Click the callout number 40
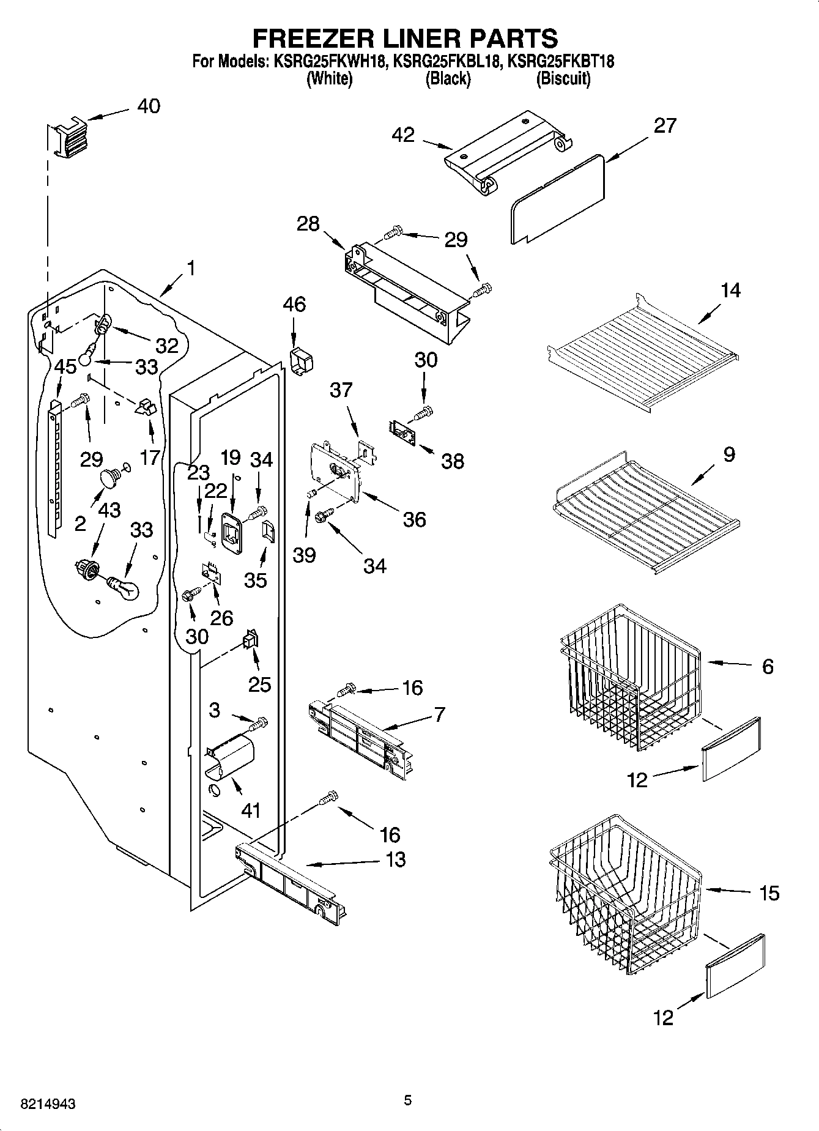point(148,106)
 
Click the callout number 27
point(665,125)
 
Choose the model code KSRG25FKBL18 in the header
point(448,61)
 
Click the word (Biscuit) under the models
point(563,79)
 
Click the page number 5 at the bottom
point(408,1100)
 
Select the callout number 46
point(294,304)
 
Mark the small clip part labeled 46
point(300,362)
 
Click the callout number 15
point(769,893)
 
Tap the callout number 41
point(251,810)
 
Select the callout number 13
point(396,859)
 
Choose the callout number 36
point(414,520)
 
